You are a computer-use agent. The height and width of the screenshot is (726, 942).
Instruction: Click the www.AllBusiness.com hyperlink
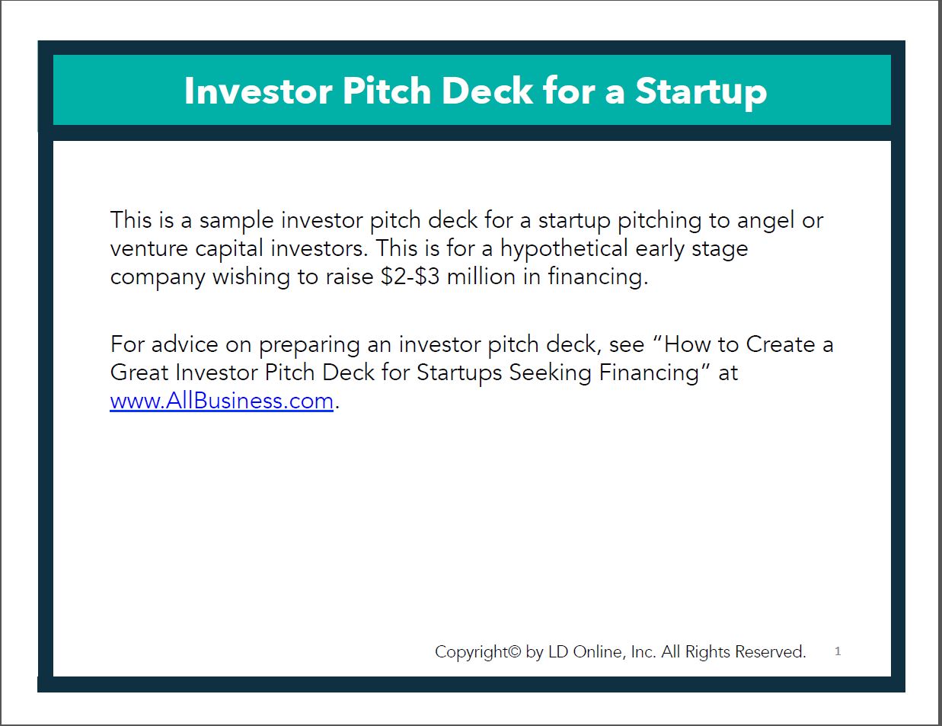pyautogui.click(x=222, y=401)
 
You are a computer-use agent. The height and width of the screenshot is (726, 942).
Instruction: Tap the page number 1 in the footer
pyautogui.click(x=838, y=651)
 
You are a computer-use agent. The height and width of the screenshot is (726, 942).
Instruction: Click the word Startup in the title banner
pyautogui.click(x=701, y=91)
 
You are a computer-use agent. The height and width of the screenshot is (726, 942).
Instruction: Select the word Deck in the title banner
pyautogui.click(x=487, y=91)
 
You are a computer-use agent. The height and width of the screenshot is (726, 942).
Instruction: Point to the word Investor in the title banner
pyautogui.click(x=258, y=91)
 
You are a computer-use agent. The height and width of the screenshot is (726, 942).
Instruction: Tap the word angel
pyautogui.click(x=765, y=221)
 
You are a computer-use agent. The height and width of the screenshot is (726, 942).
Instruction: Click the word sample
pyautogui.click(x=236, y=221)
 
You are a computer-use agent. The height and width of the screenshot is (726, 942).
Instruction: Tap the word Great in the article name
pyautogui.click(x=139, y=373)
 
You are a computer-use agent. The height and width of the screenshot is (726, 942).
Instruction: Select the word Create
pyautogui.click(x=781, y=344)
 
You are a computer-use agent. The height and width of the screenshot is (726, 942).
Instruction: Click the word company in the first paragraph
pyautogui.click(x=158, y=277)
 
